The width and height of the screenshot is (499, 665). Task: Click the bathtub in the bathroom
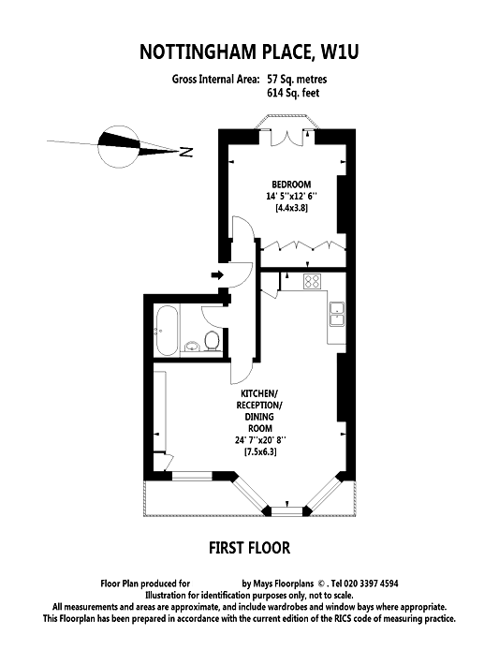click(167, 331)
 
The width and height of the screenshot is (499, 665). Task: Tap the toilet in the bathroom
click(212, 341)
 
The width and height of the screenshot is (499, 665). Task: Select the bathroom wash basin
click(192, 347)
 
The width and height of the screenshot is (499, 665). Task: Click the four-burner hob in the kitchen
click(312, 281)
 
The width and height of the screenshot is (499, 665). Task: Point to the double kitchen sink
click(337, 315)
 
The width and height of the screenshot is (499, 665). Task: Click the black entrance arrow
click(217, 275)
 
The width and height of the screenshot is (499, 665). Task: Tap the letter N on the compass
click(186, 152)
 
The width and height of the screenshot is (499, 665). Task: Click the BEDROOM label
click(291, 185)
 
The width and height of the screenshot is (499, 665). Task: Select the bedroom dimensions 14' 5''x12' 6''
click(292, 196)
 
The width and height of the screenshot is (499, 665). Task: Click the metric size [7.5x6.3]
click(260, 452)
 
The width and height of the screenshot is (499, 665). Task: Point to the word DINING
click(259, 417)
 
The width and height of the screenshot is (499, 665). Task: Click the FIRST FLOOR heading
click(249, 548)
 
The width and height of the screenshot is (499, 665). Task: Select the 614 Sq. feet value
click(293, 93)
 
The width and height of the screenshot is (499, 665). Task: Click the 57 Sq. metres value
click(297, 80)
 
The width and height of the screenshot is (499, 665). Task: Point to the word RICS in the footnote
click(332, 619)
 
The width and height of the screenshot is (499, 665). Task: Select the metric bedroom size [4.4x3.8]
click(292, 208)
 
